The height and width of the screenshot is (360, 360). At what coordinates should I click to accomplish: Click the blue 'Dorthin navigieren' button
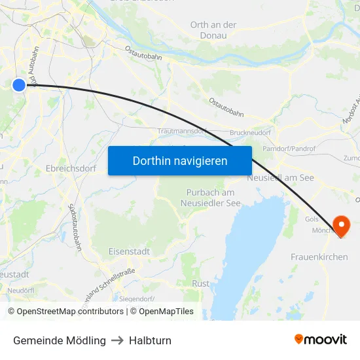tap(180, 160)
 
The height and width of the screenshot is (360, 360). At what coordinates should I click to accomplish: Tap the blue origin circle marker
tap(19, 84)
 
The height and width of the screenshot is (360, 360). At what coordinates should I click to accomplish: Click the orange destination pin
tap(341, 226)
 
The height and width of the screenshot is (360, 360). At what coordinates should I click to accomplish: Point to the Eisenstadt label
tap(129, 251)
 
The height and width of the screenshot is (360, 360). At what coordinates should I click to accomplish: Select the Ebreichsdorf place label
tap(71, 168)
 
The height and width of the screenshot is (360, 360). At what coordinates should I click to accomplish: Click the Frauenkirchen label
tap(319, 257)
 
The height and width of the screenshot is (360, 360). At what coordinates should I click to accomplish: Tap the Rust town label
tap(201, 283)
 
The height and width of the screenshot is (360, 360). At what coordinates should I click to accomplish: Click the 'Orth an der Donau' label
tap(213, 30)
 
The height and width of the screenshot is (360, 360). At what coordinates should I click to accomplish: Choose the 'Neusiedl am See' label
tap(281, 177)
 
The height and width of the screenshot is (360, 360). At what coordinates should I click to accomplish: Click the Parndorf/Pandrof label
tap(289, 149)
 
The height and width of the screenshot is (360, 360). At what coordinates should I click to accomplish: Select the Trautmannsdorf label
tap(183, 132)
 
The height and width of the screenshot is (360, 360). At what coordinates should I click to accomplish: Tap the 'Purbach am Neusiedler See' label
tap(210, 198)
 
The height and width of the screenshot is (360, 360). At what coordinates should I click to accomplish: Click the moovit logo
tap(321, 340)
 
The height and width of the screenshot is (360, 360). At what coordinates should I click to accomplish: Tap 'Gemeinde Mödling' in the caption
tap(60, 340)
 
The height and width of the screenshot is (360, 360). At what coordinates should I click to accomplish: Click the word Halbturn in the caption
tap(150, 340)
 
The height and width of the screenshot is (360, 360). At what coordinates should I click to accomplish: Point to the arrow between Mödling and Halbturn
tap(117, 340)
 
